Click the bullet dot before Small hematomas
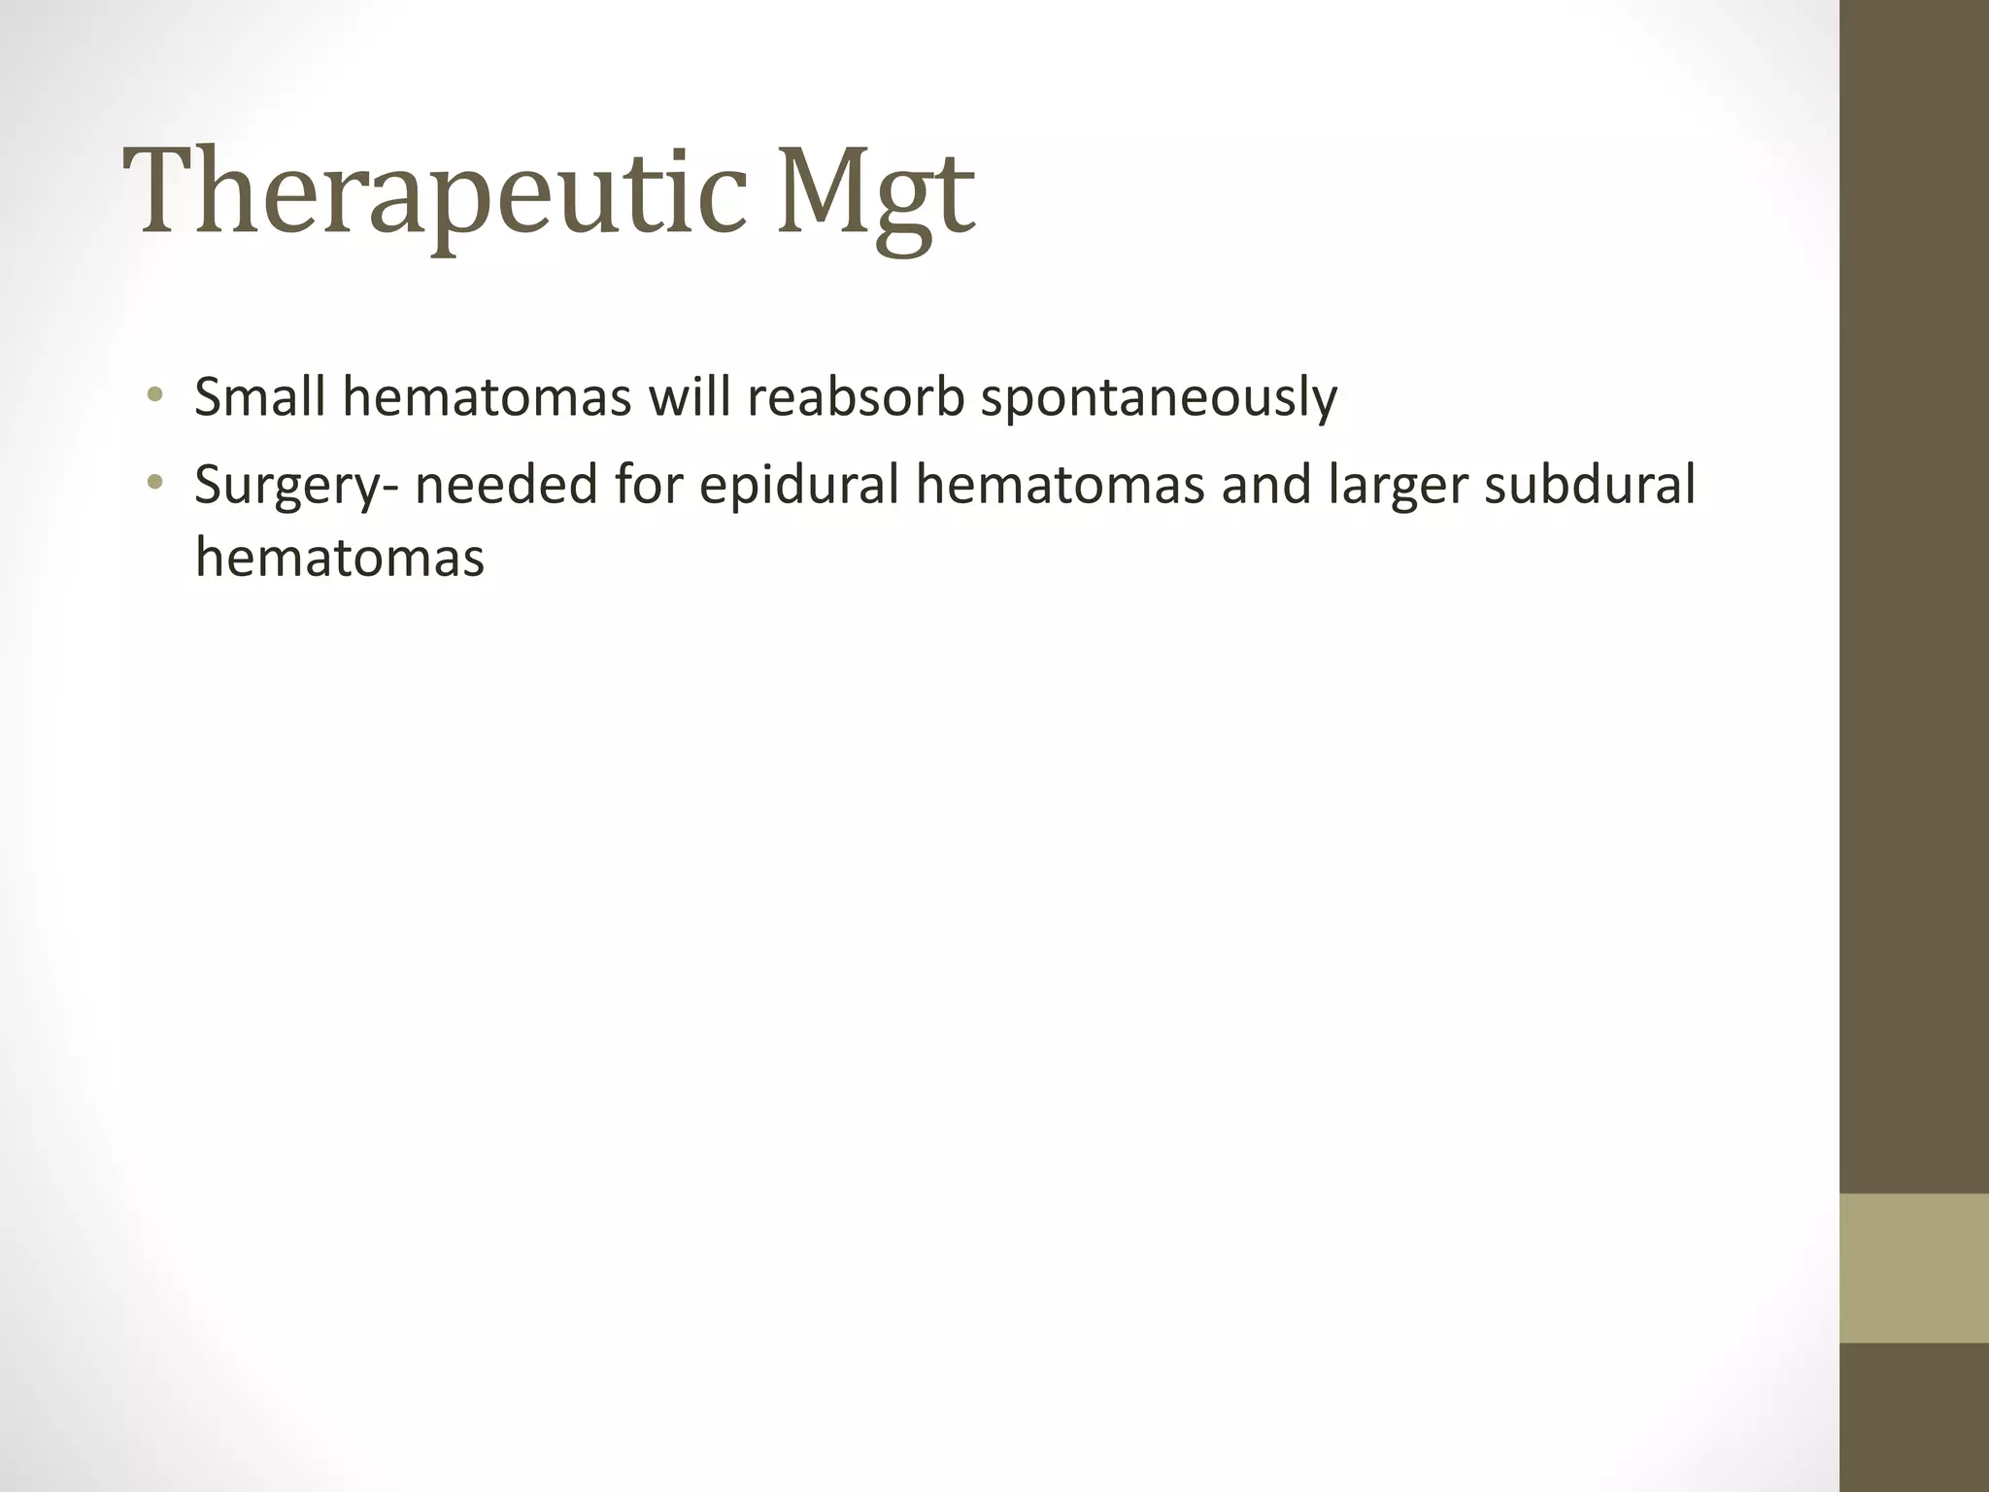153,395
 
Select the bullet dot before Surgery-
153,481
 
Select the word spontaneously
1159,397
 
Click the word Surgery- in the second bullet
295,485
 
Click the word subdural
1590,483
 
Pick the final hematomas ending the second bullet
339,559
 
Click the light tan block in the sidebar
1913,1268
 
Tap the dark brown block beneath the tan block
1913,1417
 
